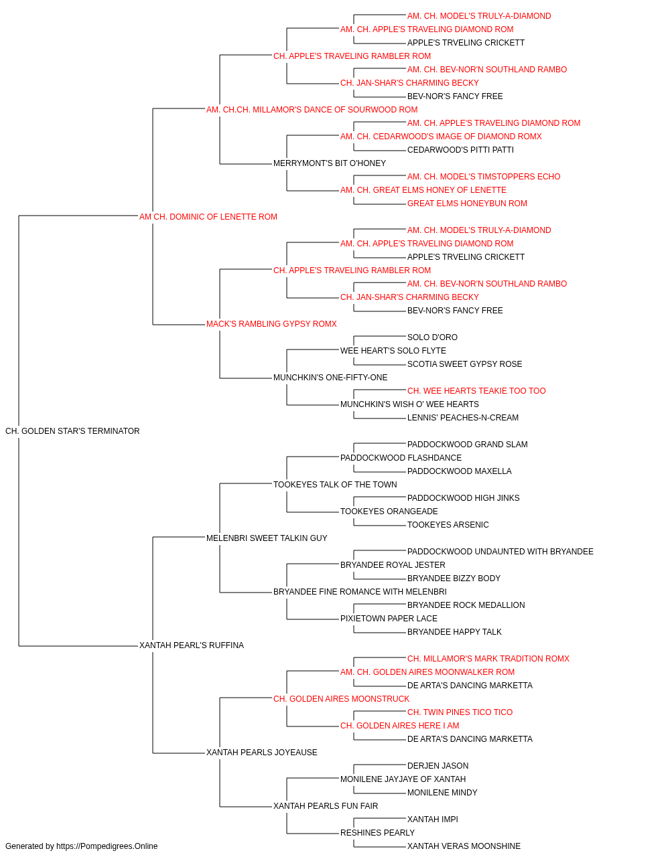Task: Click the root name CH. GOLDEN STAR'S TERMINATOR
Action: pos(72,431)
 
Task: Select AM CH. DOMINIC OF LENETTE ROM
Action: pos(208,217)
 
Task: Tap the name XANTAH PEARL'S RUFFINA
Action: pos(192,645)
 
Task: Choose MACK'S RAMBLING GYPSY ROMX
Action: pos(271,324)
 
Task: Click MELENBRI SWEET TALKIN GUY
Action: pos(267,538)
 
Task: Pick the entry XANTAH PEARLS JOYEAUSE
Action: pos(261,753)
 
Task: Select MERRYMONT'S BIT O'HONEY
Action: pos(330,163)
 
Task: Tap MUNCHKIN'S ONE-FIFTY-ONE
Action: pos(330,378)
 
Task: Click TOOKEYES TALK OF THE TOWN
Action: pos(335,485)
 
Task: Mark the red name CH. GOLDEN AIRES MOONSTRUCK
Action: pos(341,699)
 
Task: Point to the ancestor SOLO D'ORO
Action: pos(432,337)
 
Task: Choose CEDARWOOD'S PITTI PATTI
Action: pos(460,150)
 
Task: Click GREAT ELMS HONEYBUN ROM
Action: pos(467,204)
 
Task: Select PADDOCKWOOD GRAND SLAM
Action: pos(468,445)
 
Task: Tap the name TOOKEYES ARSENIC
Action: pos(448,524)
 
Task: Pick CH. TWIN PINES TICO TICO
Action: pos(460,712)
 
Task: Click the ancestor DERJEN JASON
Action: pos(438,766)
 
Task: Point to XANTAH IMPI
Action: pos(433,819)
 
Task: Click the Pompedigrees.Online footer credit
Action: pos(81,846)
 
